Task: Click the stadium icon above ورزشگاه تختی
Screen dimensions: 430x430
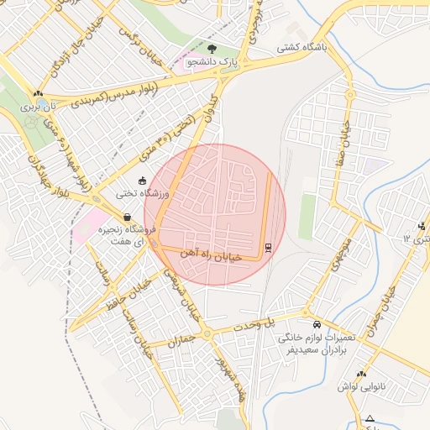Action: tap(142, 180)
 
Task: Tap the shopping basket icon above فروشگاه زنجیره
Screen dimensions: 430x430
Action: tap(127, 217)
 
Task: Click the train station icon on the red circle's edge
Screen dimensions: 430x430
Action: tap(268, 247)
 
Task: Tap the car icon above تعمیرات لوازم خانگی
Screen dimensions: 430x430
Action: tap(316, 325)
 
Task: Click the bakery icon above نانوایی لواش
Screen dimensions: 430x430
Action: tap(361, 374)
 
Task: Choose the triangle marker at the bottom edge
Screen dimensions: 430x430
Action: tap(370, 418)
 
